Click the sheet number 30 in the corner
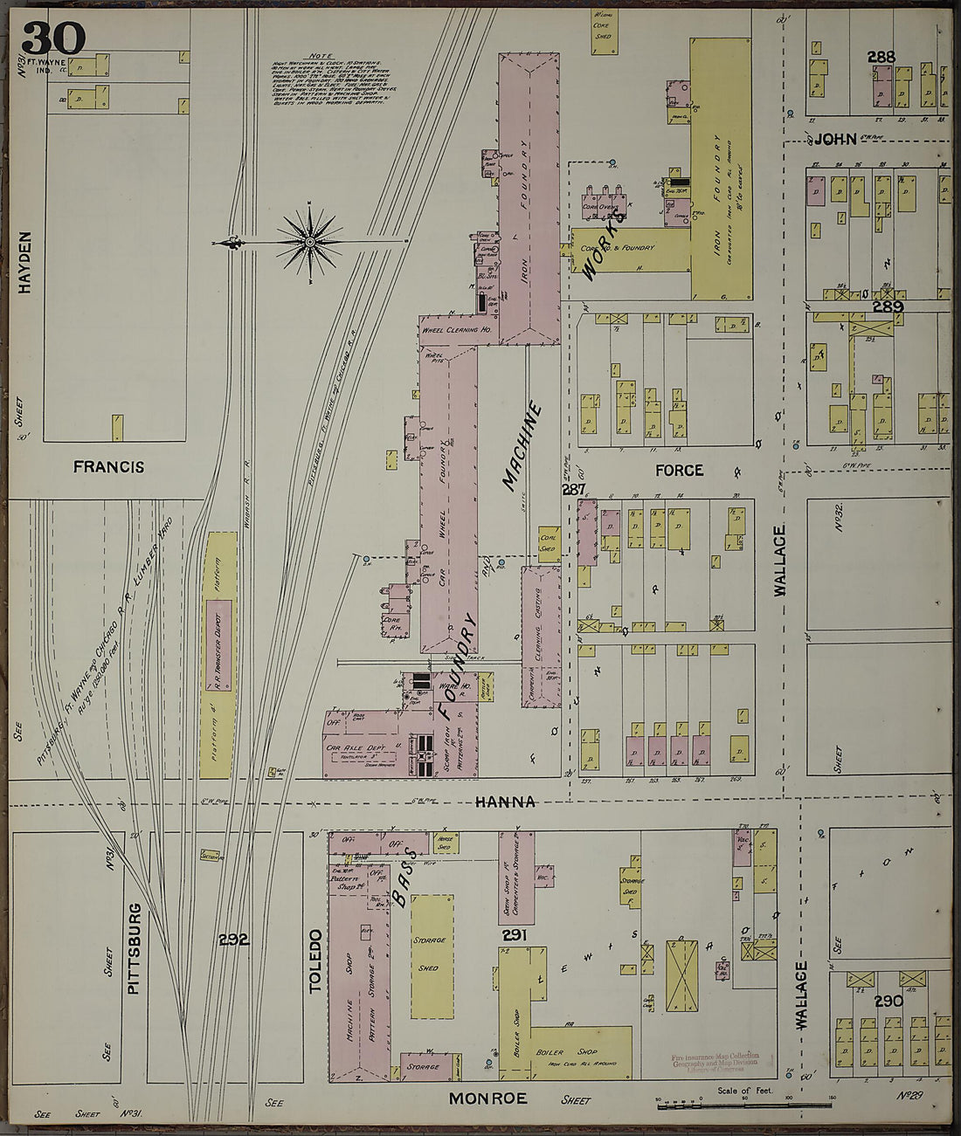(53, 38)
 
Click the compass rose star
(309, 240)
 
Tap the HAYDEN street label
(24, 262)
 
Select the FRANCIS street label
(109, 468)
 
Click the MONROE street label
(488, 1098)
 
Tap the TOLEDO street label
(316, 960)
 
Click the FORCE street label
(679, 471)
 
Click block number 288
(881, 58)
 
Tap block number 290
(888, 1002)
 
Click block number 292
(233, 940)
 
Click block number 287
(574, 490)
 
